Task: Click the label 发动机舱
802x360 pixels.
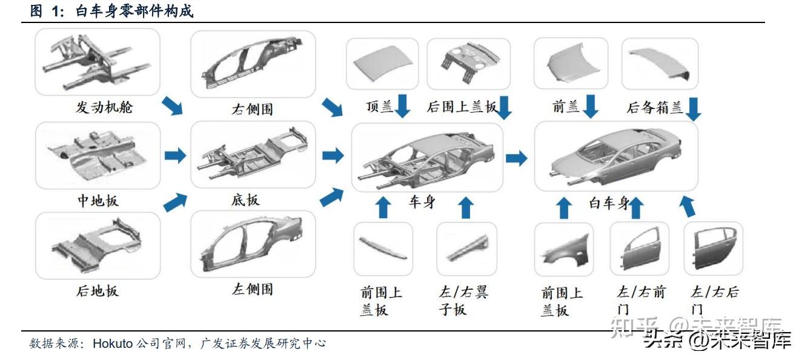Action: (x=104, y=108)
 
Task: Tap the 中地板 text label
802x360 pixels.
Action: (x=98, y=201)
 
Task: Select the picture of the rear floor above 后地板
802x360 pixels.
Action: (x=98, y=245)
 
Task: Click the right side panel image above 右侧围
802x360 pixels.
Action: (x=253, y=64)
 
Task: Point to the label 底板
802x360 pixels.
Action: (x=245, y=200)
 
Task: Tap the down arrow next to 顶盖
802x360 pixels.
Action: (x=403, y=106)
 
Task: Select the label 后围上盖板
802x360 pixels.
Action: (x=462, y=108)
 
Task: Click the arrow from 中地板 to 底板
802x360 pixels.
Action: (x=175, y=156)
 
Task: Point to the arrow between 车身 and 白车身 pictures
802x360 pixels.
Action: (x=516, y=159)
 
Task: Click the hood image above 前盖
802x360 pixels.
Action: (x=571, y=63)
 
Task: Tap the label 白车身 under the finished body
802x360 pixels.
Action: (x=609, y=203)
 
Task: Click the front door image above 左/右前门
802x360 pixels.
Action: (x=639, y=248)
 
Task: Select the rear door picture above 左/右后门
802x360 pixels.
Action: (x=713, y=248)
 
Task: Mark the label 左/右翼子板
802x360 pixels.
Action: (x=463, y=301)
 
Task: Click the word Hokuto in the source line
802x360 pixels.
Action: (x=113, y=344)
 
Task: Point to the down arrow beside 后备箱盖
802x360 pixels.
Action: (x=694, y=108)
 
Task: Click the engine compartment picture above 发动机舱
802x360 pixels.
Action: (x=98, y=62)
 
